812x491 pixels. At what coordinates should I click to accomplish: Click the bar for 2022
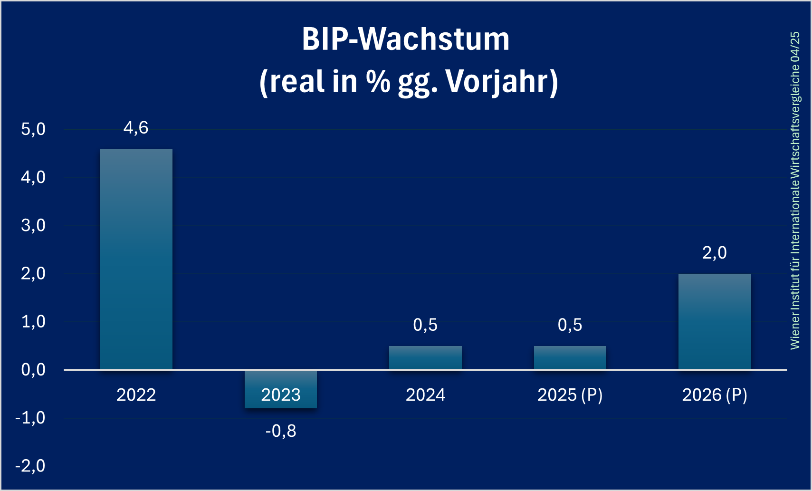136,259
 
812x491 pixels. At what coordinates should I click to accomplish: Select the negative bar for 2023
281,389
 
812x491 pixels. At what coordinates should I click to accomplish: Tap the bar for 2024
425,357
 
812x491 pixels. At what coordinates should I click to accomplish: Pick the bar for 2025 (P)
570,357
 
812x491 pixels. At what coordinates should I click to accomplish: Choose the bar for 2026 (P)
715,322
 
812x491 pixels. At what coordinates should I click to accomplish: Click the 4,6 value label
136,128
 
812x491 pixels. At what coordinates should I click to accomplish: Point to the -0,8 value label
281,431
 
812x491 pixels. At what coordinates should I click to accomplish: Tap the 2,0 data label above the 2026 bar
715,253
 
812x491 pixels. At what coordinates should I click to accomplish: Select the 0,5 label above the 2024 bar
425,325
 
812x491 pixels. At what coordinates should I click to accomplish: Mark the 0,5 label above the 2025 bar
570,325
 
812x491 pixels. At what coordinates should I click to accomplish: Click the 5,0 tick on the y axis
33,129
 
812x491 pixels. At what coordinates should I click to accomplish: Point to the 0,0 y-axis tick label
33,370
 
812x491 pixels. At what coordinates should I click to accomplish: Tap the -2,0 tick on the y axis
30,466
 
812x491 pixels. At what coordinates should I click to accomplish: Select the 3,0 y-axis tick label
33,226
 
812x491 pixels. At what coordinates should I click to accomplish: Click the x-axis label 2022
136,395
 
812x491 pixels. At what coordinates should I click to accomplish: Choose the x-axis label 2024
425,395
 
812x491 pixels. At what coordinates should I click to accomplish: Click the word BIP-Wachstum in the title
406,39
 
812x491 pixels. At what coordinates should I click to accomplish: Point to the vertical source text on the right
795,191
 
